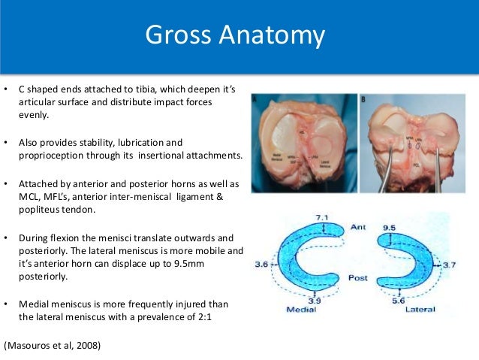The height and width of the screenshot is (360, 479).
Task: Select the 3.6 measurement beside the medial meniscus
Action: pyautogui.click(x=263, y=265)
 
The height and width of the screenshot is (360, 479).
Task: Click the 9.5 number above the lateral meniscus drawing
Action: pyautogui.click(x=390, y=225)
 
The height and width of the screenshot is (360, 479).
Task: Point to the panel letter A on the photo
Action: pyautogui.click(x=256, y=98)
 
